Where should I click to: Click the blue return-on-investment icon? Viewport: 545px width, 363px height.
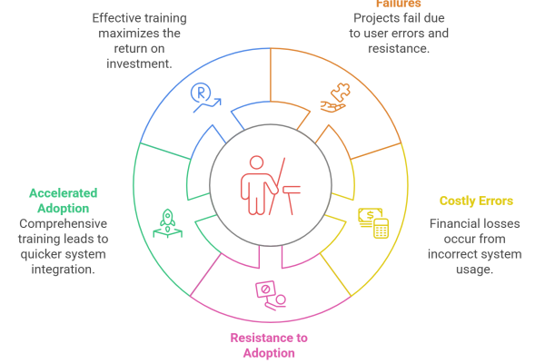[x=203, y=96]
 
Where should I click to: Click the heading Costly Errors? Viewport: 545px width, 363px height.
[x=476, y=201]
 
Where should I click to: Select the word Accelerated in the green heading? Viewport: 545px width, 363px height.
[x=63, y=193]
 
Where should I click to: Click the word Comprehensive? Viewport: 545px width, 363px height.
[x=63, y=223]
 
